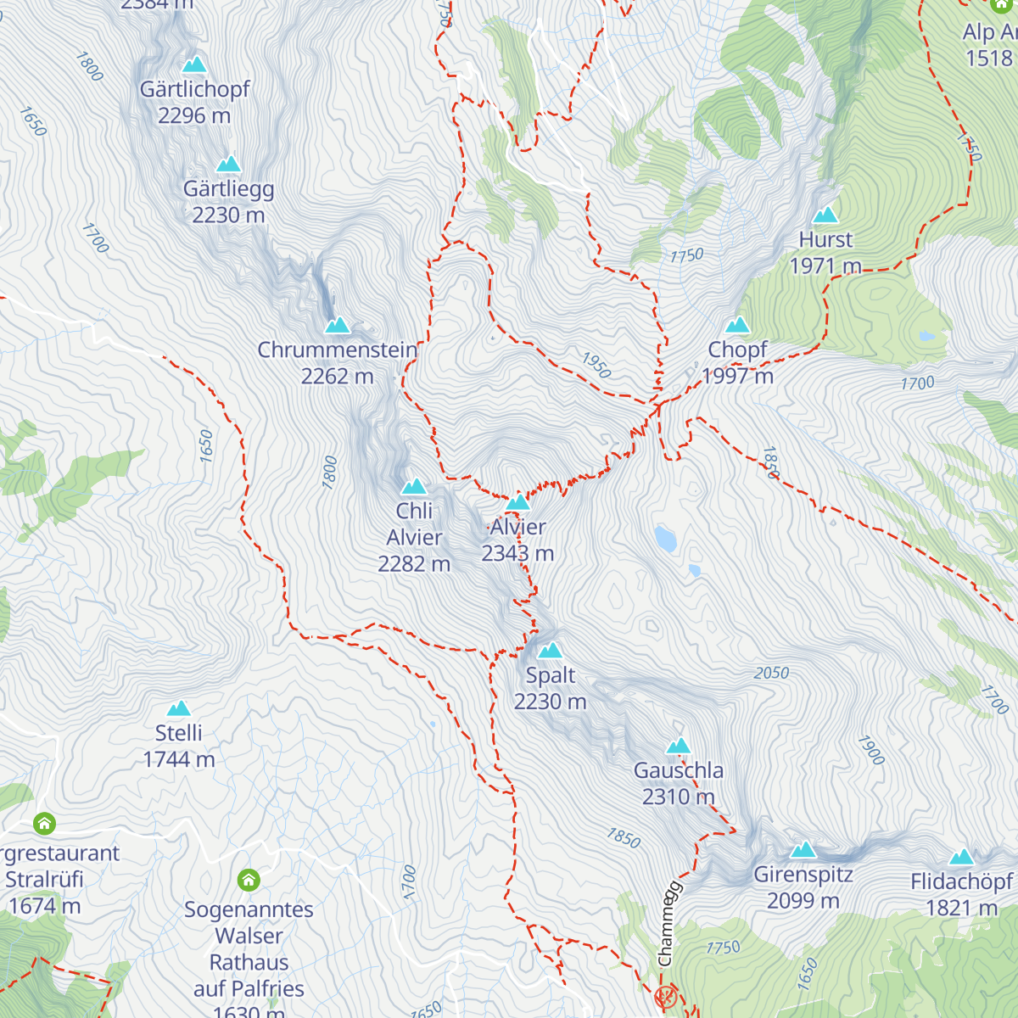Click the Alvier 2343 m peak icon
[x=517, y=502]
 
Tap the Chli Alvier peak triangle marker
[x=414, y=486]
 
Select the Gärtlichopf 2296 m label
[x=194, y=102]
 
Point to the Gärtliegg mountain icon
[x=228, y=164]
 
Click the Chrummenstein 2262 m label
[x=338, y=362]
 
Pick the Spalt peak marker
[x=551, y=651]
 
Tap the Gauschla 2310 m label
[x=679, y=783]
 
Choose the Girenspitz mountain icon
[x=803, y=849]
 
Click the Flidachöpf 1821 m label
[x=961, y=894]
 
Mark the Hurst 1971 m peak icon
[x=825, y=215]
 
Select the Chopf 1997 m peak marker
[x=738, y=325]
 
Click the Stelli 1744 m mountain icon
[x=178, y=708]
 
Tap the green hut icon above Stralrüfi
[x=44, y=823]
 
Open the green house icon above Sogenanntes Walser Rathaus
[x=249, y=880]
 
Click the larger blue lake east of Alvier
[x=665, y=538]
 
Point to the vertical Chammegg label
[x=668, y=923]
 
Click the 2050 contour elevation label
[x=771, y=673]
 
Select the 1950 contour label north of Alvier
[x=596, y=365]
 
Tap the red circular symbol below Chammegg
[x=666, y=996]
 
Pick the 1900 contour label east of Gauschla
[x=870, y=750]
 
